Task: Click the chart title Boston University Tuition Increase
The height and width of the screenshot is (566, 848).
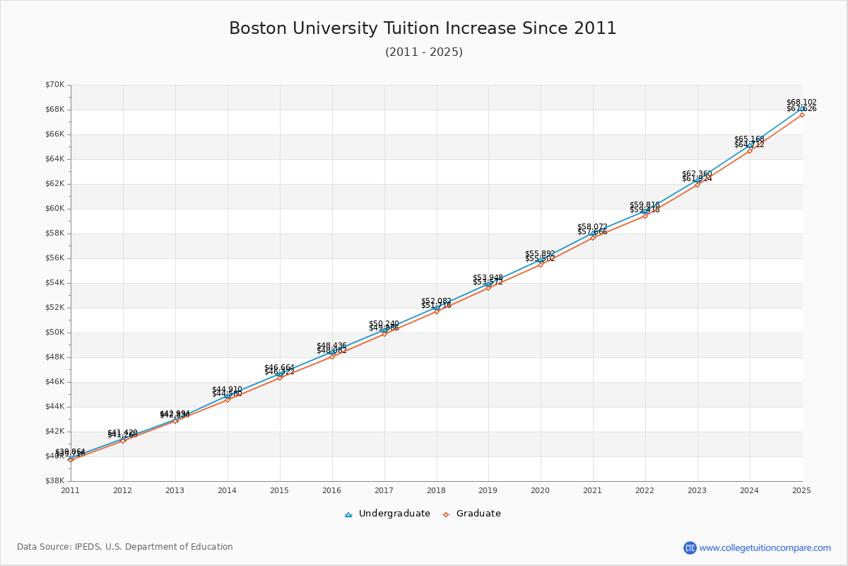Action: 423,28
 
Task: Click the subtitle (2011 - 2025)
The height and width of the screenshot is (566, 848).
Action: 423,52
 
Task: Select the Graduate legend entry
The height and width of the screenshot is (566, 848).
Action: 472,514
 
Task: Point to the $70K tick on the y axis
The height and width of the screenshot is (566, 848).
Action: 54,85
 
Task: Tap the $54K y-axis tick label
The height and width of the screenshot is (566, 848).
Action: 54,283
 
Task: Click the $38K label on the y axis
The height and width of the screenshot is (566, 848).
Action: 54,481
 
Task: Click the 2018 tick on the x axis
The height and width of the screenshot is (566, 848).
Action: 436,490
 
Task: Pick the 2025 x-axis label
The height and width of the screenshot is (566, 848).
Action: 801,490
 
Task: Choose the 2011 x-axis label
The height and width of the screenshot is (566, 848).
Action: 71,490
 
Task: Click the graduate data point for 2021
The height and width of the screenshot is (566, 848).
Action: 593,238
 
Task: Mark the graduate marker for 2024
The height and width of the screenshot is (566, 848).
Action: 750,151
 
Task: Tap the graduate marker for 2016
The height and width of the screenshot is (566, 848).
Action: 332,357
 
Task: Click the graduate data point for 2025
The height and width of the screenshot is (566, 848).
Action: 802,115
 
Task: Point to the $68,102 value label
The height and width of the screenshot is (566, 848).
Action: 801,102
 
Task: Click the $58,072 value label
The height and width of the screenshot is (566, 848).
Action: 592,226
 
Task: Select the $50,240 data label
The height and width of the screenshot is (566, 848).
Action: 384,323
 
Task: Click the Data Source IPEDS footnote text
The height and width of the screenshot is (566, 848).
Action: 125,547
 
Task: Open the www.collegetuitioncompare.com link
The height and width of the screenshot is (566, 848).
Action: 765,548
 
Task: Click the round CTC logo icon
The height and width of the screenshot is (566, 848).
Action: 690,548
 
